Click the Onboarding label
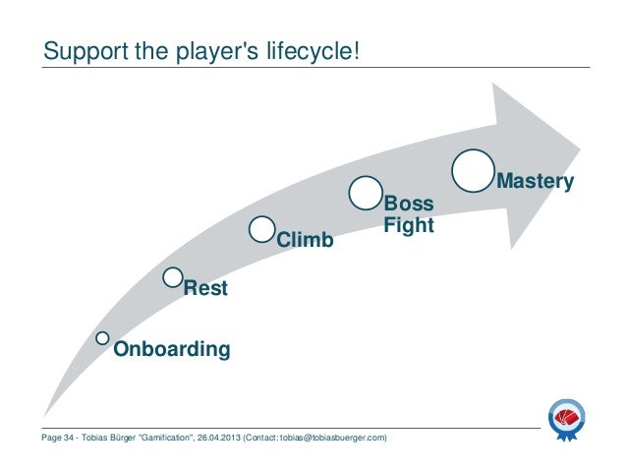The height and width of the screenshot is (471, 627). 172,349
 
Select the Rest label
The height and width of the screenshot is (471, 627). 205,289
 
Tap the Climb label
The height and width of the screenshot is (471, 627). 305,240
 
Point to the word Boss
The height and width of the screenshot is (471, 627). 407,205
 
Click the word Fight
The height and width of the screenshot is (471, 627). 408,226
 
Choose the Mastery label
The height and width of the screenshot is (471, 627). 536,181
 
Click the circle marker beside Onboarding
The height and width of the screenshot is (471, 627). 103,338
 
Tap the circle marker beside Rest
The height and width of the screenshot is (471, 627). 174,276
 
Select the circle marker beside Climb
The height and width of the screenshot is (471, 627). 262,228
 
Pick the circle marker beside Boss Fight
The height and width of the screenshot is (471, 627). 366,193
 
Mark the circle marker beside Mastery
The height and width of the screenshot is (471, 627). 474,168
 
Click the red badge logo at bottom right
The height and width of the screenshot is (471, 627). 569,420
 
